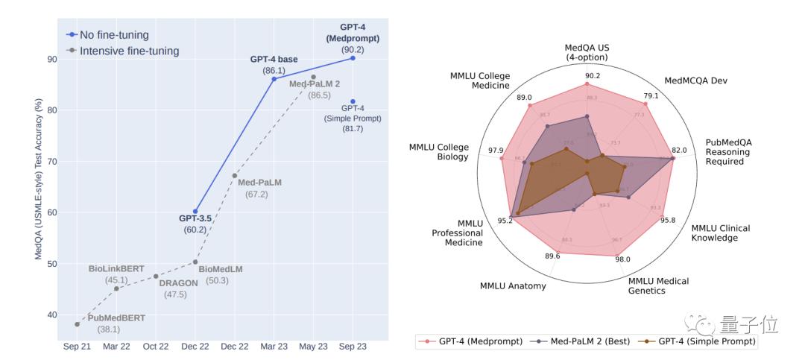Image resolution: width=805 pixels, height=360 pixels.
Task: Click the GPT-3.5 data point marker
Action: click(195, 211)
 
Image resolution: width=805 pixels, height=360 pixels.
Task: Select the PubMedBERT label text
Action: click(117, 318)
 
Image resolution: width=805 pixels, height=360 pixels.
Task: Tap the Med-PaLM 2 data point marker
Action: click(313, 77)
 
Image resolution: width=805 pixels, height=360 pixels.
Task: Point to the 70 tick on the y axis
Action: click(51, 161)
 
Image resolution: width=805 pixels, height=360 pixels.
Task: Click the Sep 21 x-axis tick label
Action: click(77, 347)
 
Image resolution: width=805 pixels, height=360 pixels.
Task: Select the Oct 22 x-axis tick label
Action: click(156, 347)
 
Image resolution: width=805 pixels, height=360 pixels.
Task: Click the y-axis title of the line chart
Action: click(37, 179)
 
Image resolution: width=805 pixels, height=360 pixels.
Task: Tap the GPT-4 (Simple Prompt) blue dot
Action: click(353, 101)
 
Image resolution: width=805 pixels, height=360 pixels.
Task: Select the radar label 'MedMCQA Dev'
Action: click(695, 80)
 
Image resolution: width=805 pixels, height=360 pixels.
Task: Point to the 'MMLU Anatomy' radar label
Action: click(513, 285)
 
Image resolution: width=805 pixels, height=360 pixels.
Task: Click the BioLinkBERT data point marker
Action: click(116, 288)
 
